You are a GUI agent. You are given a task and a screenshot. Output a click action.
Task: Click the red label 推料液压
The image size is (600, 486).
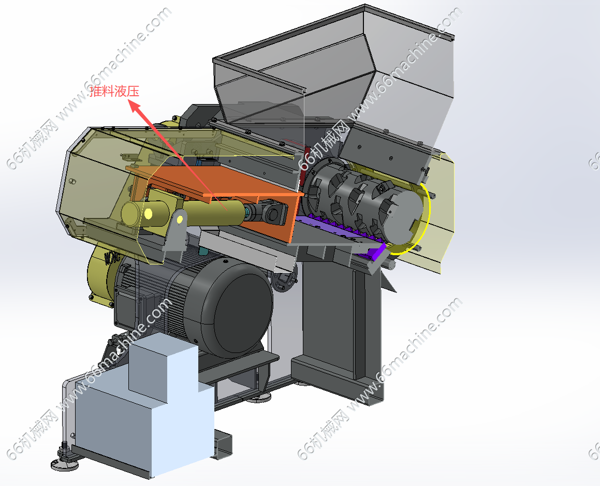tap(114, 92)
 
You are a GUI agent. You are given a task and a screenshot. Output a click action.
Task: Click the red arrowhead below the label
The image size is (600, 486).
tap(135, 106)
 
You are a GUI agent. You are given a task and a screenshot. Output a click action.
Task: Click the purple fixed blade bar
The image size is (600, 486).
tap(341, 233)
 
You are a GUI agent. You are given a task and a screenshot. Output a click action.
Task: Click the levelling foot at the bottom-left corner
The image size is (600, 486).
tap(64, 461)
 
